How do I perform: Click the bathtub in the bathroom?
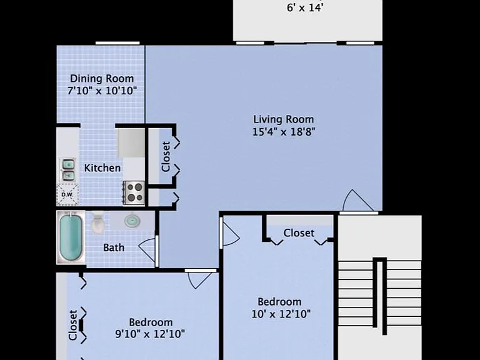[x=71, y=237]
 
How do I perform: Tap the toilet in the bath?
[x=98, y=222]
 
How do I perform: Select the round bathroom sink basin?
[x=132, y=221]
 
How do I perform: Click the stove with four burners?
[x=134, y=193]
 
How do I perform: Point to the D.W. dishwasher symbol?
[x=67, y=194]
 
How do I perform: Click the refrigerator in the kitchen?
[x=131, y=143]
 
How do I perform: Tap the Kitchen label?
[x=102, y=167]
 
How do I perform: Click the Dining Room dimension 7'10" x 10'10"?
[x=102, y=91]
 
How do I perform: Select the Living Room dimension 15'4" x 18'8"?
[x=284, y=132]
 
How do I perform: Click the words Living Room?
[x=284, y=119]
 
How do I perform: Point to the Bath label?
[x=114, y=247]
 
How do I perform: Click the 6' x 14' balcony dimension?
[x=305, y=7]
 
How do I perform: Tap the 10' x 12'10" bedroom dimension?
[x=281, y=314]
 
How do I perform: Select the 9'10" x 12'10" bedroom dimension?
[x=150, y=334]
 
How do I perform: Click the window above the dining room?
[x=117, y=43]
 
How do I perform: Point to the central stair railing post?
[x=379, y=296]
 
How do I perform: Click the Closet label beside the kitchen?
[x=166, y=156]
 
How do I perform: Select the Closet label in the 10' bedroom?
[x=299, y=233]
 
